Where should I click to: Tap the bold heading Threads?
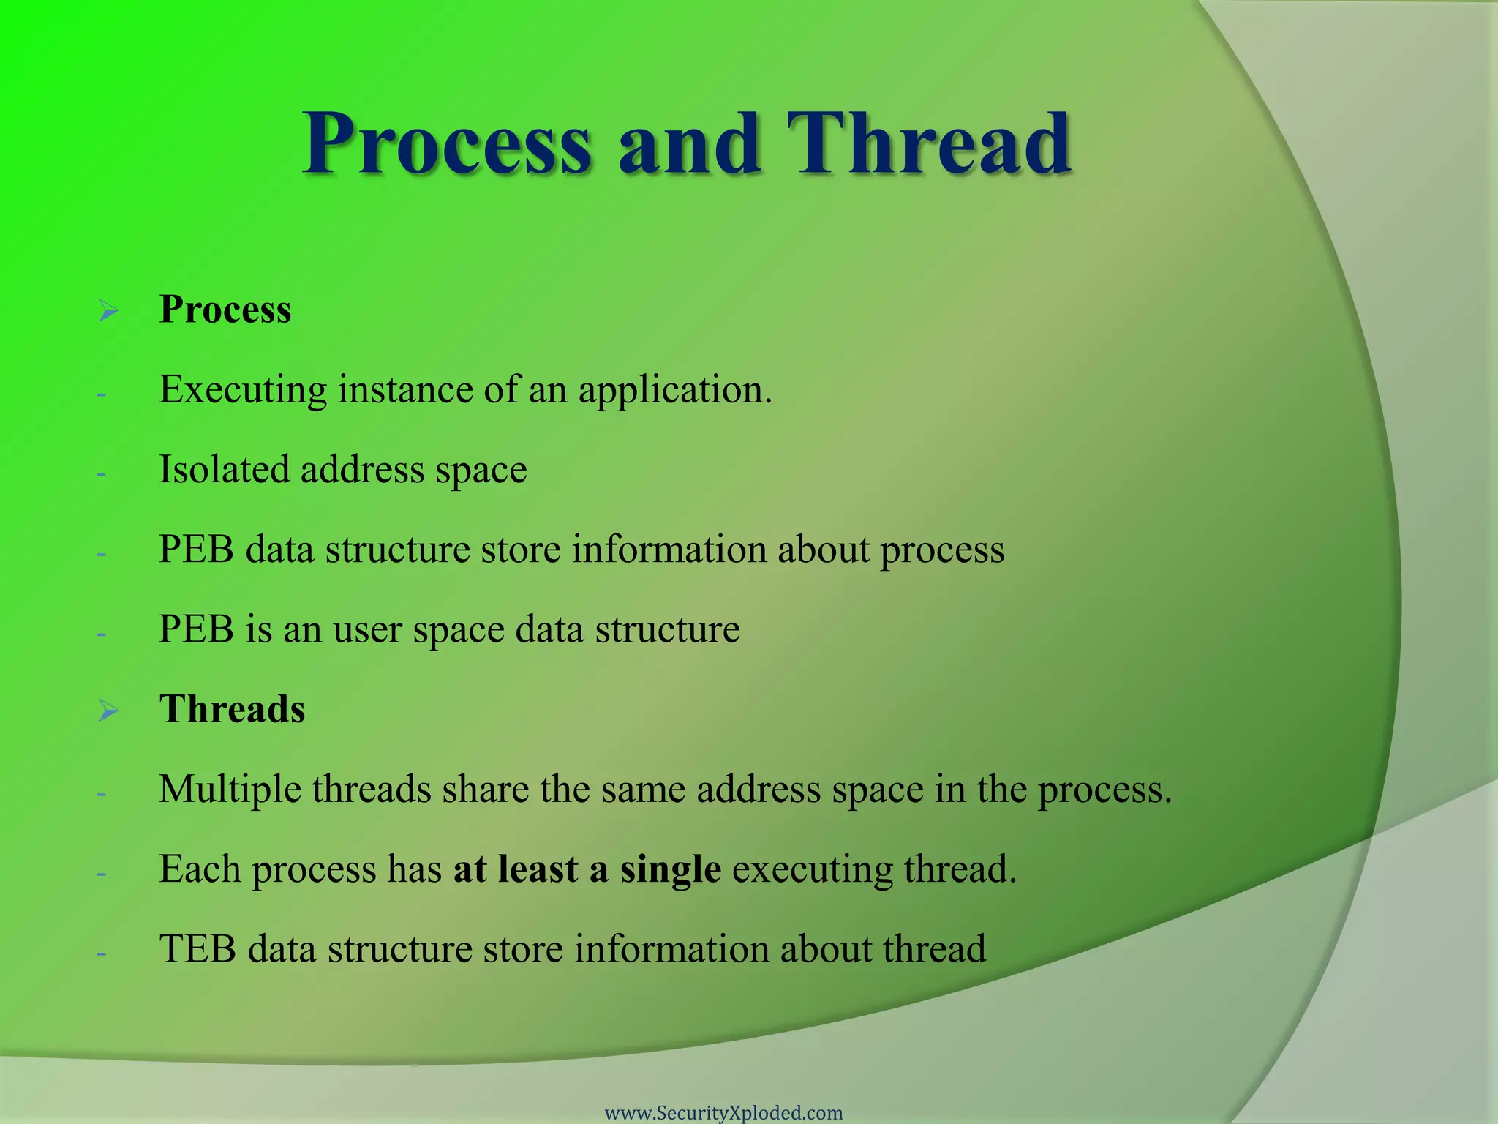coord(232,709)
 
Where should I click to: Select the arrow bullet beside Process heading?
coord(109,311)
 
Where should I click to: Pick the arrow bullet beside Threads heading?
coord(109,711)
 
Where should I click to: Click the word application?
coord(674,390)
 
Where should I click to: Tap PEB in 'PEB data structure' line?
coord(196,549)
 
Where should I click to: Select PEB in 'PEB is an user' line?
coord(196,629)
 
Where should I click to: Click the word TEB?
coord(197,949)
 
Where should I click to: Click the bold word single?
coord(670,869)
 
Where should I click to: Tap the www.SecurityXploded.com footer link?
coord(723,1112)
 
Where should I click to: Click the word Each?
coord(200,869)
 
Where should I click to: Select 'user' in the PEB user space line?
coord(366,630)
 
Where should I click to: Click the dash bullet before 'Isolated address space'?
coord(102,473)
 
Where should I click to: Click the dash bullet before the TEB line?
coord(102,953)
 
